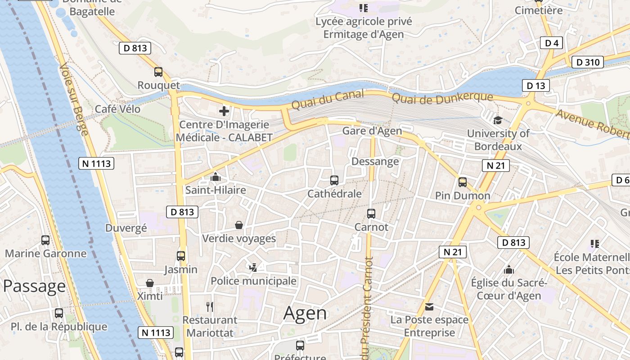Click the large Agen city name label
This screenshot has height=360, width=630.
[x=305, y=313]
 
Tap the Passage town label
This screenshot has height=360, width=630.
[x=35, y=286]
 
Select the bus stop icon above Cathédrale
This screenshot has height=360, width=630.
[x=334, y=180]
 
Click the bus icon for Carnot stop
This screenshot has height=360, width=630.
[x=371, y=214]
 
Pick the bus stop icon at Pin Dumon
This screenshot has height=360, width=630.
[x=463, y=182]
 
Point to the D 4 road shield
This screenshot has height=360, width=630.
[x=551, y=43]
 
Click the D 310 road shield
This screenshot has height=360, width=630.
[x=587, y=62]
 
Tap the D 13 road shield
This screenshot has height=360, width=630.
[x=535, y=85]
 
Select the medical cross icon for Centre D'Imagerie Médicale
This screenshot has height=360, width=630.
[x=224, y=111]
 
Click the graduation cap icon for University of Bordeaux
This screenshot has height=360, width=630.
[x=498, y=120]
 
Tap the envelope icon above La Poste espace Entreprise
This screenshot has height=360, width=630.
[x=429, y=307]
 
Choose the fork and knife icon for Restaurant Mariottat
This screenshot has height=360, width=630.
[x=210, y=307]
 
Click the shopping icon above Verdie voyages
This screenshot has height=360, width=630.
[x=239, y=225]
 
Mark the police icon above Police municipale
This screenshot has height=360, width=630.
[x=253, y=268]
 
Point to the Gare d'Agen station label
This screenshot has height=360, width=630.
[x=372, y=131]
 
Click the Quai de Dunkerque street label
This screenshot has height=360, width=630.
[x=442, y=97]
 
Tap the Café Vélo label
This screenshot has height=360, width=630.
[x=117, y=109]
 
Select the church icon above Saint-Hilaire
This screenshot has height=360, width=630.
[x=216, y=177]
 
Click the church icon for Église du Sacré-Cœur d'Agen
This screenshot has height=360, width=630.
[x=509, y=270]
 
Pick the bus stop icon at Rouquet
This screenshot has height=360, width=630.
[x=158, y=72]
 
